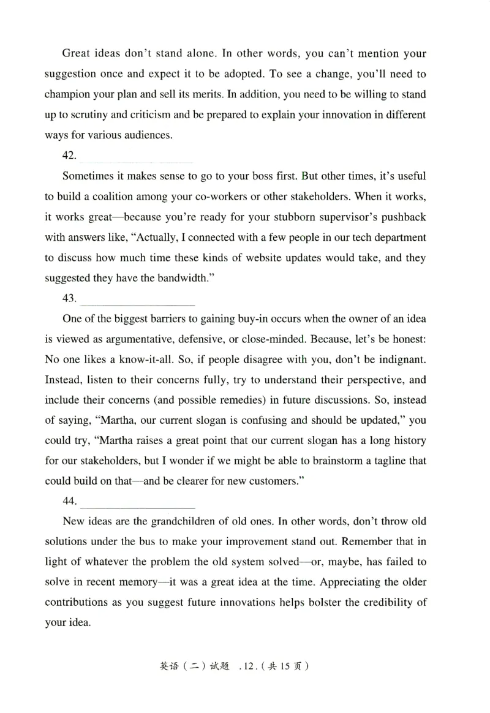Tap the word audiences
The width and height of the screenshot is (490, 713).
[147, 135]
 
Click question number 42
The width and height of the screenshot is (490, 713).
[70, 156]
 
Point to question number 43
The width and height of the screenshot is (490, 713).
[70, 298]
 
